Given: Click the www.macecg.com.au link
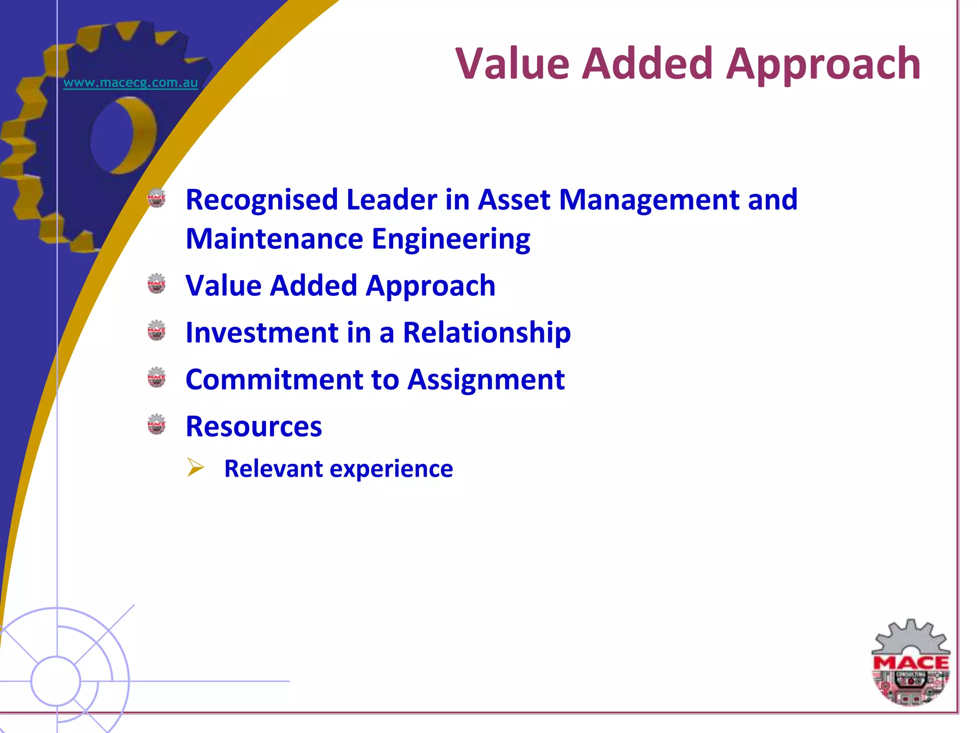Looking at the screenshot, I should (130, 83).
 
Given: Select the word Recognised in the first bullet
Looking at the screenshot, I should (261, 199).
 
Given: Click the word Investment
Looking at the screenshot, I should (262, 333).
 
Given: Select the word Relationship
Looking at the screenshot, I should (487, 333).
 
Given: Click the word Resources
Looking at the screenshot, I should (254, 427).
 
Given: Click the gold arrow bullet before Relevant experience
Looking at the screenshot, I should (195, 467).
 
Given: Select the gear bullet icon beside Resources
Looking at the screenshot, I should (156, 424).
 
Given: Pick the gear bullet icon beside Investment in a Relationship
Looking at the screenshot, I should (156, 330).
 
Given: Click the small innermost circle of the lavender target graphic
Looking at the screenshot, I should (56, 681).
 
